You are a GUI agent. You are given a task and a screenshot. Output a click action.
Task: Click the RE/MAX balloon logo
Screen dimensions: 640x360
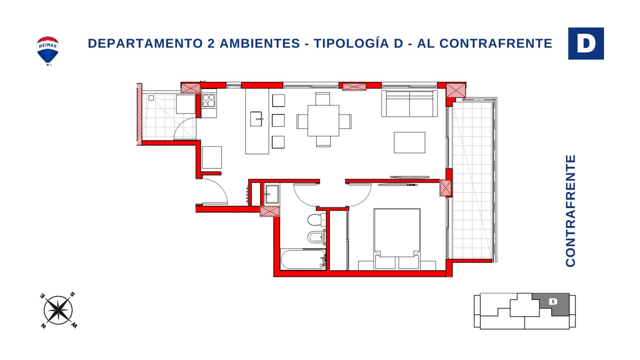point(48,51)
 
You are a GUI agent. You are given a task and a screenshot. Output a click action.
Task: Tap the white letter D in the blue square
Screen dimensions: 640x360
point(586,44)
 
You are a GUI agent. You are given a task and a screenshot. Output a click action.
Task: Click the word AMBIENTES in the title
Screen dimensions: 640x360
point(260,44)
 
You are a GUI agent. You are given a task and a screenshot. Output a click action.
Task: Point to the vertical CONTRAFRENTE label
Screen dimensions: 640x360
point(570,211)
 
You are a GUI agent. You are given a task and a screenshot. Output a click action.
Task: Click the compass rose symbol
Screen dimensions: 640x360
point(58,310)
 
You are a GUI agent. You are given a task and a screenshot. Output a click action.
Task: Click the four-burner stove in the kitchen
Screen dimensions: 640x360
point(208,100)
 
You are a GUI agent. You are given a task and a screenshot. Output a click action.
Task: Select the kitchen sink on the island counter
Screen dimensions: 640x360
point(256,119)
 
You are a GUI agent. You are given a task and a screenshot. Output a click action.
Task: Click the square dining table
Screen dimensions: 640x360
point(324,120)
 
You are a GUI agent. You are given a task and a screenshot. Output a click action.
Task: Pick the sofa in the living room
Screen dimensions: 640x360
point(410,104)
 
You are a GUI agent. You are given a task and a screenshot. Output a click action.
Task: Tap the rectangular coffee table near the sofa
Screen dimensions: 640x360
point(410,142)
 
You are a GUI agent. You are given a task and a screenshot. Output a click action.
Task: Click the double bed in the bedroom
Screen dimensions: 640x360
point(397,239)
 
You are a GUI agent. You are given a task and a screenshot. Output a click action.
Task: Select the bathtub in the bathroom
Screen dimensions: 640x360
point(304,260)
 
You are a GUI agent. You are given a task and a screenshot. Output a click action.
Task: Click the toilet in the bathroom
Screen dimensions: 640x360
point(316,220)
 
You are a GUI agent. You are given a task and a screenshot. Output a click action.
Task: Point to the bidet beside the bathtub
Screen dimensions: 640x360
point(316,237)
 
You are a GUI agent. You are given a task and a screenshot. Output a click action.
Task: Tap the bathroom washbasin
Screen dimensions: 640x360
point(272,194)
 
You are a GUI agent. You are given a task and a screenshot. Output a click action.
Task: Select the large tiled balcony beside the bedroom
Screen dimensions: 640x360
point(472,180)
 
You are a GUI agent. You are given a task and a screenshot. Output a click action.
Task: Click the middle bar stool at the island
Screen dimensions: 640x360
point(278,120)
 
